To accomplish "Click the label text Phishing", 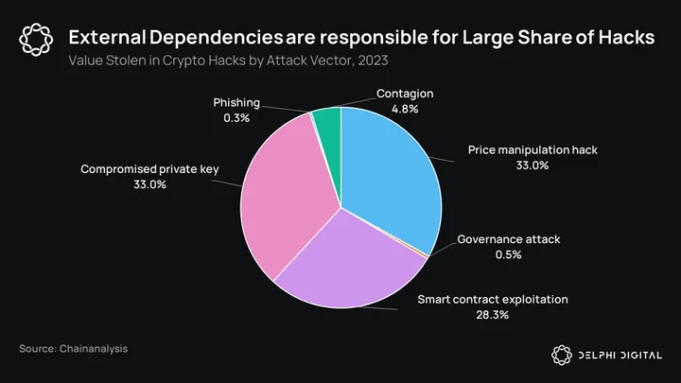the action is tap(236, 103).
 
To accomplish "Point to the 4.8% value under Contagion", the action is tap(405, 109).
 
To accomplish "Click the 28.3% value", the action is tap(492, 315).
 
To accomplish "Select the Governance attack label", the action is tap(509, 239).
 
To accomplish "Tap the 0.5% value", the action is tap(508, 254).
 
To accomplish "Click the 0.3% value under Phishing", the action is tap(236, 118).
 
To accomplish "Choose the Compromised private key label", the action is tap(149, 169).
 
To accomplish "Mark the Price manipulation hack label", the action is tap(533, 150).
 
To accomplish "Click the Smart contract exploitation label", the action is tap(493, 300).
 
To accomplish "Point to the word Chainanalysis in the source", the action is tap(94, 349).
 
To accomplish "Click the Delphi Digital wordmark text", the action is tap(620, 356).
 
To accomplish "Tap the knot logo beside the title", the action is tap(36, 40).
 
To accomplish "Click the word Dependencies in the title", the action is tap(216, 38).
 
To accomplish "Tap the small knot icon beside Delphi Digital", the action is tap(562, 356).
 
